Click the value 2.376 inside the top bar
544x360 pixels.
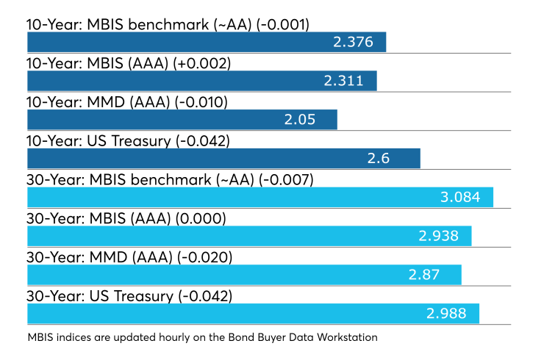pos(353,42)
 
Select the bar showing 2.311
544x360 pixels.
pos(202,81)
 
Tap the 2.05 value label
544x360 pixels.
pos(300,120)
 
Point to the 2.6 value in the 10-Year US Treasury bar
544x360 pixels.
pos(378,159)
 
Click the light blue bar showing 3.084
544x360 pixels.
pos(260,197)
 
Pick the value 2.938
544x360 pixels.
pos(439,236)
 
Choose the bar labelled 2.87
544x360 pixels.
pos(244,275)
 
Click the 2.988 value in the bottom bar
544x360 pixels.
pos(446,314)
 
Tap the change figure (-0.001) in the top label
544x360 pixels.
pos(283,25)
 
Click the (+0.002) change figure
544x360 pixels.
pos(202,64)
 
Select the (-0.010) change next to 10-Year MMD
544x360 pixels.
pos(201,103)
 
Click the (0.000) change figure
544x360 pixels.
pos(201,219)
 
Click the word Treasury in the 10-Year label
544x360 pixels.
pos(141,142)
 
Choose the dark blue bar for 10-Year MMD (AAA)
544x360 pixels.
pos(182,120)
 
